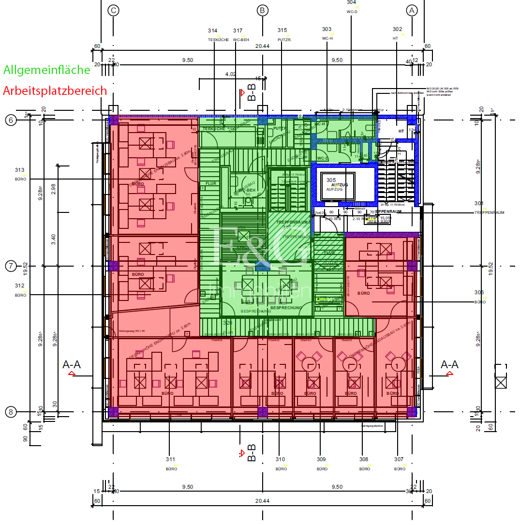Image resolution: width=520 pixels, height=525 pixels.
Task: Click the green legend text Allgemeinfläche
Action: click(47, 70)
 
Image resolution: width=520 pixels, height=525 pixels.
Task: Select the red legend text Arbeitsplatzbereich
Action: click(55, 90)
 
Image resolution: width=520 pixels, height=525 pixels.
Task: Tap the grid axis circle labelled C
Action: click(113, 10)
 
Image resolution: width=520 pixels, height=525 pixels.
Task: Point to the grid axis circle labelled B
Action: click(262, 10)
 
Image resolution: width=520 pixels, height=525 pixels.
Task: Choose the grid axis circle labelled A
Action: click(412, 10)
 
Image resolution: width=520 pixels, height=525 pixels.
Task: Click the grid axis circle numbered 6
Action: click(11, 120)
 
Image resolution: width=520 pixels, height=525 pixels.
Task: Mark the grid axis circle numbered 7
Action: click(11, 266)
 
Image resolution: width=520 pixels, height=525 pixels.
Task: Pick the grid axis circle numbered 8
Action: click(11, 412)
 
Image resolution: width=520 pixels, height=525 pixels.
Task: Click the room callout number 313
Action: click(20, 170)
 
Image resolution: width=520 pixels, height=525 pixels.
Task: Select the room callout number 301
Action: click(479, 203)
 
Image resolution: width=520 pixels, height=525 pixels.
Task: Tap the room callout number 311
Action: click(170, 459)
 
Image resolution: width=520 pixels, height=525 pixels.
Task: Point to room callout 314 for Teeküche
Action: click(213, 30)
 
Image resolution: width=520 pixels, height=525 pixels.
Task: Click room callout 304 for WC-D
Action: click(352, 2)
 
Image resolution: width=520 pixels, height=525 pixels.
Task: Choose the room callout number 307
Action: click(399, 459)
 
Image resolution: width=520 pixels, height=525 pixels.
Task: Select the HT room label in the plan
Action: click(401, 131)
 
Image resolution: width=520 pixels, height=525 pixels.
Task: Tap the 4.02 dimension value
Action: click(231, 74)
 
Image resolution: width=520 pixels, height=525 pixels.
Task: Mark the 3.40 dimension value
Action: click(53, 239)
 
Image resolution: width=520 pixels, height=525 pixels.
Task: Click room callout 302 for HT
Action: click(397, 29)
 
